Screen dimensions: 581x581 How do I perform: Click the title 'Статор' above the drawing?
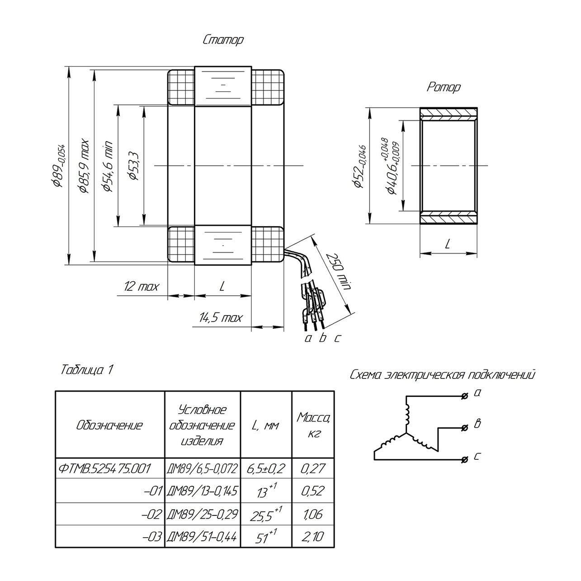tap(223, 40)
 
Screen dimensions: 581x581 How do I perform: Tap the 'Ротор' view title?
tap(444, 87)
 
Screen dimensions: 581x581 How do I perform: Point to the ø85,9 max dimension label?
tap(83, 166)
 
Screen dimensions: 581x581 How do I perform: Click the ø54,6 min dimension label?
tap(108, 166)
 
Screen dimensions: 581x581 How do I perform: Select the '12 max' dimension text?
tap(141, 286)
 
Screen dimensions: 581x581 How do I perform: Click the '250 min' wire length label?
tap(339, 271)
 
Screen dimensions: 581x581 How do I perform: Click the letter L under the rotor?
tap(448, 243)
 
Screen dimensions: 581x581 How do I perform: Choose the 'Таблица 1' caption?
tap(87, 370)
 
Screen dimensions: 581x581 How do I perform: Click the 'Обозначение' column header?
tap(109, 425)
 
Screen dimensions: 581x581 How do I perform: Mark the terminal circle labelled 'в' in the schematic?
tap(465, 428)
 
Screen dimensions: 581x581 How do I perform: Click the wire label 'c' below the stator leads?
tap(337, 339)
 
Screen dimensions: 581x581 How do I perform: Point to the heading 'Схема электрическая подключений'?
tap(442, 375)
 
